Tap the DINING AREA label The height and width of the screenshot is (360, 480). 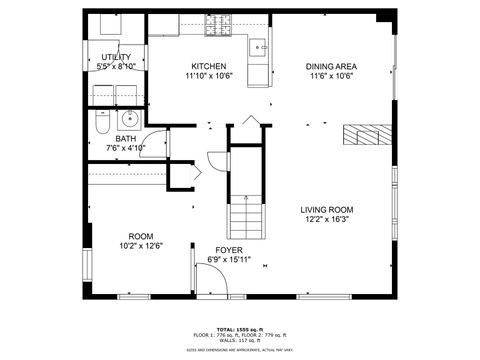pos(331,67)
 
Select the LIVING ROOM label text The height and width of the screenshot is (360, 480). pos(327,210)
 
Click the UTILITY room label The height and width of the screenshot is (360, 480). pos(116,58)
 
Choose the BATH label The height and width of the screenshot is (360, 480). pos(126,139)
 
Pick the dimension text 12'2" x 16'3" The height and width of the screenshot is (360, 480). pos(327,221)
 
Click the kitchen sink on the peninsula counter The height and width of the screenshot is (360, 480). pos(259,45)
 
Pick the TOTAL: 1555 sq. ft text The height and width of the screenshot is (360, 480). pos(240,328)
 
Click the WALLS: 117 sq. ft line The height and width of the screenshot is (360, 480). pos(240,340)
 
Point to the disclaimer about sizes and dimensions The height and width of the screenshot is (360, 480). pos(240,350)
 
